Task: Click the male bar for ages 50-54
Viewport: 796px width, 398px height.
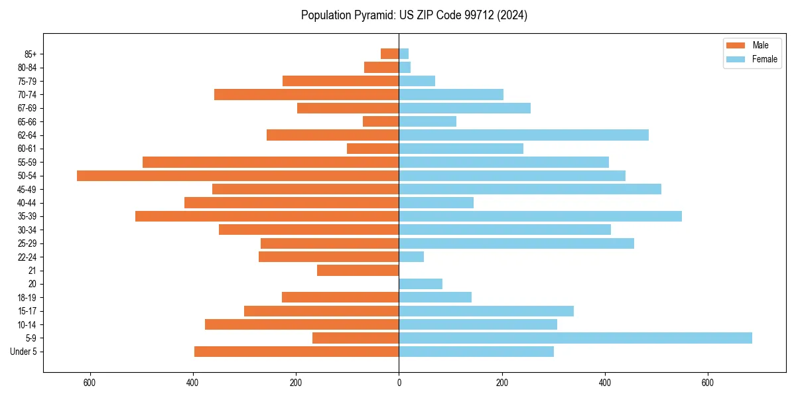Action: click(x=237, y=176)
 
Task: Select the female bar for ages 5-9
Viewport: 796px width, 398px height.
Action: click(x=575, y=338)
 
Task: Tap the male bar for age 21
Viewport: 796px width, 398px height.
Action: click(x=358, y=271)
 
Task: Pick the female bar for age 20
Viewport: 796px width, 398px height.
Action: click(x=421, y=284)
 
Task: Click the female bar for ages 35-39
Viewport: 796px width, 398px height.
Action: click(x=540, y=216)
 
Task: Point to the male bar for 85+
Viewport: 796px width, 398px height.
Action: click(x=390, y=54)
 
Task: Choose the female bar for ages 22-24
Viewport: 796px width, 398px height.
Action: click(x=411, y=257)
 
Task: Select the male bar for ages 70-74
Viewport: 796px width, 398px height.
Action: click(x=306, y=94)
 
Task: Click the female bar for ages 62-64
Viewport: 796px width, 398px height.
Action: click(x=523, y=135)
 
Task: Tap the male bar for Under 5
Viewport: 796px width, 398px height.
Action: click(x=297, y=352)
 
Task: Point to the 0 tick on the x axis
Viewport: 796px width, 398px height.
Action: click(x=399, y=383)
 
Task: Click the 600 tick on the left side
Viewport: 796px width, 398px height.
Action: click(x=90, y=383)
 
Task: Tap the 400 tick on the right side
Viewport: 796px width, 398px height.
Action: click(x=604, y=383)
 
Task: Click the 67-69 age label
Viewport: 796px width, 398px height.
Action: click(x=27, y=108)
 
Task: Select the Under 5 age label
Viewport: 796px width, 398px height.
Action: click(x=23, y=352)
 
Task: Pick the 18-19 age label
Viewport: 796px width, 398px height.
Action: click(x=27, y=298)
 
